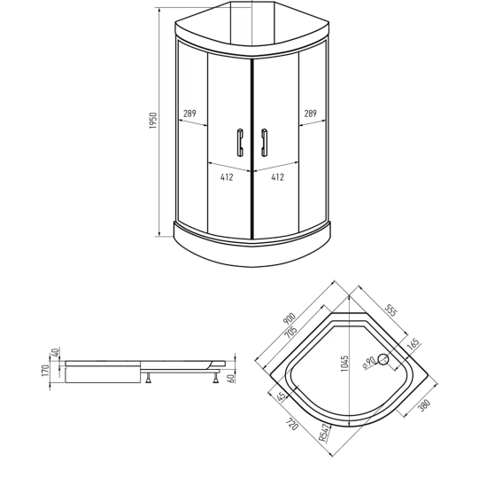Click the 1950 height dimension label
pos(153,121)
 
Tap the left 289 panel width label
pos(189,114)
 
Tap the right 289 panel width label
pos(310,114)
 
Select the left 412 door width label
pos(227,177)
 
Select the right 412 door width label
pos(277,177)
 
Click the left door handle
pos(240,142)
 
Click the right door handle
pos(264,142)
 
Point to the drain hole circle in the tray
pos(383,359)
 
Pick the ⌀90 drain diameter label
pos(369,363)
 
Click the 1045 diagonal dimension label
pos(344,364)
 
